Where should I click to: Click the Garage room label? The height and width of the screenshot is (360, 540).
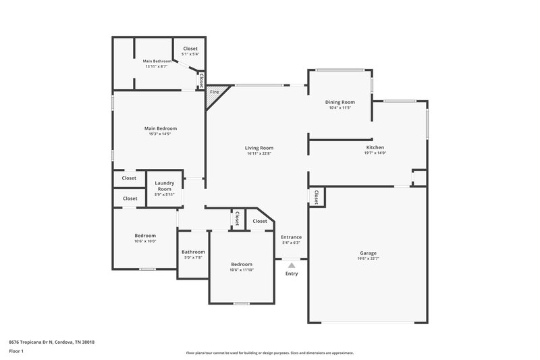[x=368, y=253]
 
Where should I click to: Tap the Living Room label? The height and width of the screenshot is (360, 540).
[x=259, y=148]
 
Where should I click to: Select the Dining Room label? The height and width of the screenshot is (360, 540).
[x=340, y=102]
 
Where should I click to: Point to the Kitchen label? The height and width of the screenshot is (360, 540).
[x=375, y=147]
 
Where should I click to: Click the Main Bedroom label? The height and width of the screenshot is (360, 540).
[x=161, y=128]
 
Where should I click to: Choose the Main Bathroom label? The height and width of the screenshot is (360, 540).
[x=156, y=61]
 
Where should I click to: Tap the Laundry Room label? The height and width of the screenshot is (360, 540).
[x=165, y=185]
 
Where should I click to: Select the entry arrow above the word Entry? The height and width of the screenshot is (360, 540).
[x=292, y=265]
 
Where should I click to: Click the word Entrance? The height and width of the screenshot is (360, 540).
[x=291, y=237]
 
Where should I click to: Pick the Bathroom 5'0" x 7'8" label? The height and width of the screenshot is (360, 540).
[x=192, y=252]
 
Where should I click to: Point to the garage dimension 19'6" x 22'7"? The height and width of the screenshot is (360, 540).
[x=368, y=259]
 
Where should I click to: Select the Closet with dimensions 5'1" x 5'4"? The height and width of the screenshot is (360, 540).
[x=190, y=51]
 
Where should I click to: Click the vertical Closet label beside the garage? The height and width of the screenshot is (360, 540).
[x=316, y=197]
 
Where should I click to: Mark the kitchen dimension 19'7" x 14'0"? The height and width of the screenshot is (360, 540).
[x=375, y=153]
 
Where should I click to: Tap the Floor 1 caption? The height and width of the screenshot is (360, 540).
[x=16, y=352]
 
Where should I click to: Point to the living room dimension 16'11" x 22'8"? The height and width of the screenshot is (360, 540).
[x=259, y=153]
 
